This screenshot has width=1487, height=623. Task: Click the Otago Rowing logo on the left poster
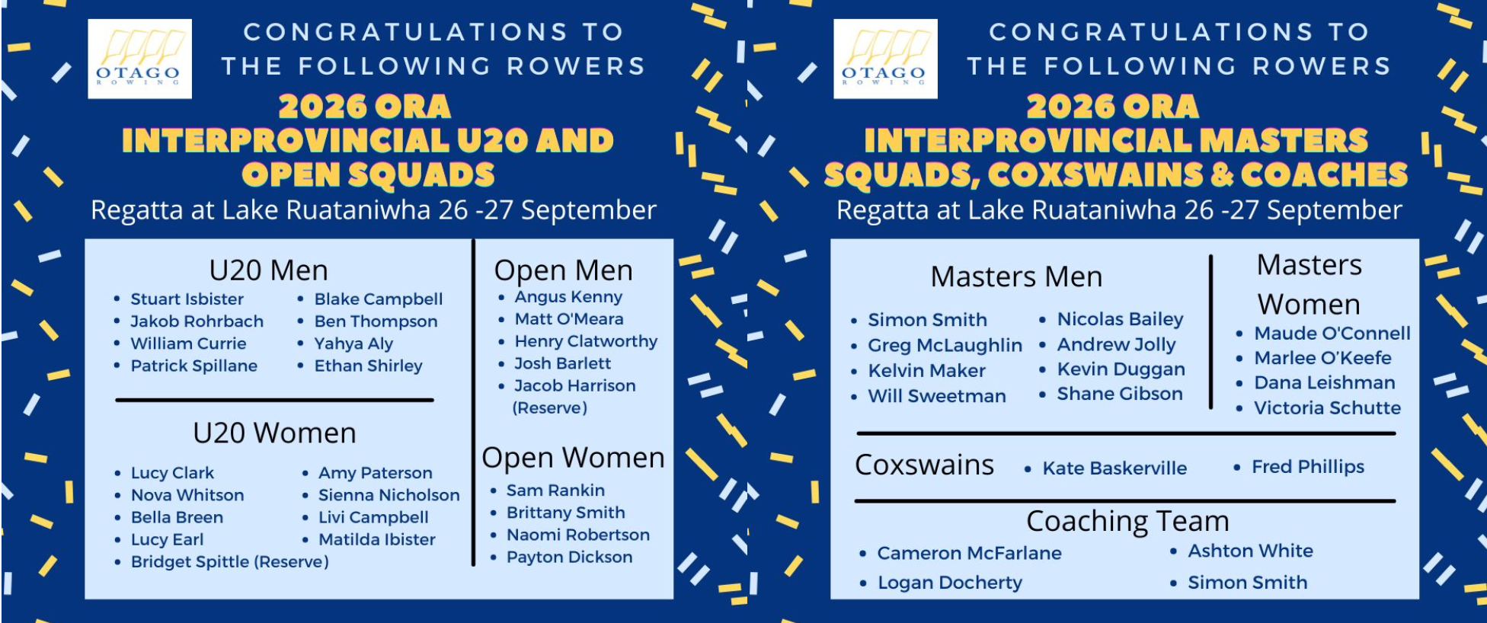coord(139,59)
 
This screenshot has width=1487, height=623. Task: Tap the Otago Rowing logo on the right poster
coord(885,59)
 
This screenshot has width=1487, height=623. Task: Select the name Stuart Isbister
coord(187,299)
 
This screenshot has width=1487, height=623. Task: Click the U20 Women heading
coord(274,433)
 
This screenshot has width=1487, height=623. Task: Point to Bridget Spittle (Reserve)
coord(229,562)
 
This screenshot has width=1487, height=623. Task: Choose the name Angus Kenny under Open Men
coord(568,297)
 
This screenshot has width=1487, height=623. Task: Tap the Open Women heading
coord(573,458)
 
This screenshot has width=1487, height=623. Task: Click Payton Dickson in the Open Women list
coord(569,558)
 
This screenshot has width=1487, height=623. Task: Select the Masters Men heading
coord(1016,276)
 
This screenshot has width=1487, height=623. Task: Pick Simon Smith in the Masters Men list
coord(927,320)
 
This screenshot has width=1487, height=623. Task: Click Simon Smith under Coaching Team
coord(1247,583)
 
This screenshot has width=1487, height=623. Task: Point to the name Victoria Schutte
coord(1327,408)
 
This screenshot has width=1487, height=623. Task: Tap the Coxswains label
coord(924,465)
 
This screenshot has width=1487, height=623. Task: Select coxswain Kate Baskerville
coord(1114,468)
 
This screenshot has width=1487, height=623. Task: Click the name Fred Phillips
coord(1308,467)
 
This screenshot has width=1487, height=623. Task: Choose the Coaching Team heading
coord(1127,522)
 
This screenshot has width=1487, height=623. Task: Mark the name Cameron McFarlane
coord(969,554)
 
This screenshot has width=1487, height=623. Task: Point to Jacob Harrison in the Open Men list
coord(574,386)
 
